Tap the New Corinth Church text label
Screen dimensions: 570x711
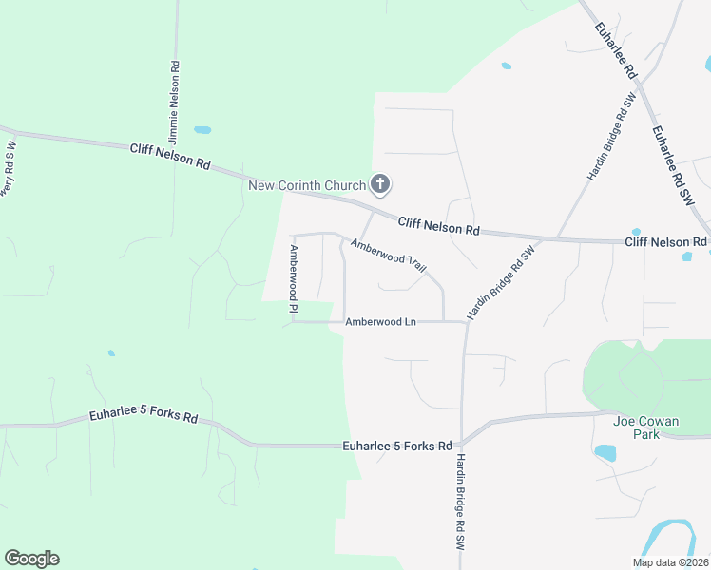[x=306, y=184]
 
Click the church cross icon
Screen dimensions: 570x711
[x=380, y=183]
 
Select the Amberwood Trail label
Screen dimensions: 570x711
[x=388, y=256]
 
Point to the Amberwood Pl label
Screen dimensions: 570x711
[x=295, y=279]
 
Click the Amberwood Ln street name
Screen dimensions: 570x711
[x=380, y=322]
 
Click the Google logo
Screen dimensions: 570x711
[x=31, y=559]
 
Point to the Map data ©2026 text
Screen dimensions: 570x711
[x=670, y=562]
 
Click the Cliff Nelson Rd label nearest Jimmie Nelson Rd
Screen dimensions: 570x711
[x=170, y=155]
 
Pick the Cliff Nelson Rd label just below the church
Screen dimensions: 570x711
[x=438, y=226]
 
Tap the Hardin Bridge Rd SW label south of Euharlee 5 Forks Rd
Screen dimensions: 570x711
[x=459, y=502]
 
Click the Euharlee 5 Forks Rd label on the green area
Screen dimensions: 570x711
[x=144, y=417]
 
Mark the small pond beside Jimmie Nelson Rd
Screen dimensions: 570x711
[x=202, y=129]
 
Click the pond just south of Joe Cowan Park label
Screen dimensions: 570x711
[x=605, y=453]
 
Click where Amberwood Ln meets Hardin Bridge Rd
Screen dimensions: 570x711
[x=466, y=322]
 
